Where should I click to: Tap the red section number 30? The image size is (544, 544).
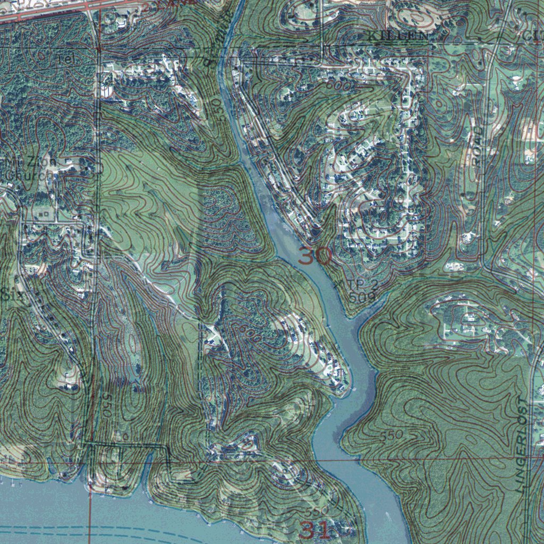point(315,256)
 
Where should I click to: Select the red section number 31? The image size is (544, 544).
point(316,529)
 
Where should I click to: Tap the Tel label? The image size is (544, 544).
point(68,60)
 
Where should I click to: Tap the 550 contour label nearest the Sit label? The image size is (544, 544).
point(108,404)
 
